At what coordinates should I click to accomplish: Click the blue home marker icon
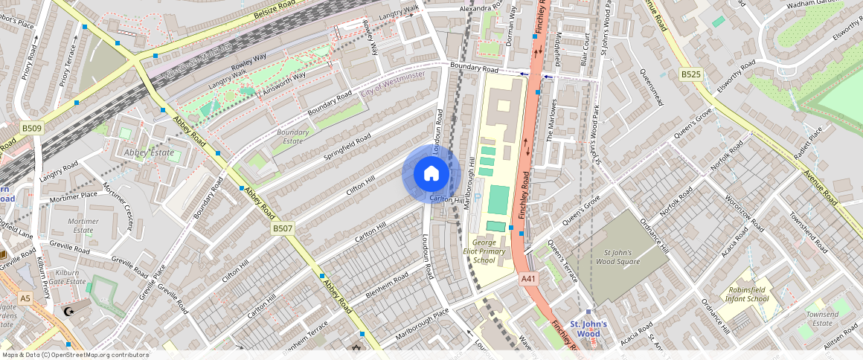click(x=431, y=173)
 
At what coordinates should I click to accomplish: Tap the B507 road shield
click(x=282, y=228)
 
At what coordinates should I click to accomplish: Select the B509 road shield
click(x=32, y=129)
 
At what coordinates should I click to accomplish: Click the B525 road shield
click(x=691, y=74)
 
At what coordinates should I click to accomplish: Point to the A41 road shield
click(x=528, y=279)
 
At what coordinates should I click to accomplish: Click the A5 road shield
click(x=26, y=298)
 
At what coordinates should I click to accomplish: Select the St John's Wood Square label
click(x=621, y=257)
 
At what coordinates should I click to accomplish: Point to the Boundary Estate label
click(x=292, y=136)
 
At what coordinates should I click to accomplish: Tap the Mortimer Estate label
click(x=83, y=225)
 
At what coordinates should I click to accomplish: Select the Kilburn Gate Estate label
click(x=67, y=277)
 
